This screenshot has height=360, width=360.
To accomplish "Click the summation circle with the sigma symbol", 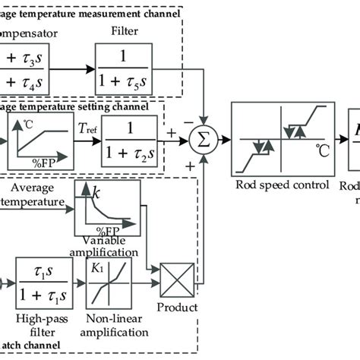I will tap(204, 137).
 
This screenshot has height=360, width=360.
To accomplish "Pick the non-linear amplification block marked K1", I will tap(109, 280).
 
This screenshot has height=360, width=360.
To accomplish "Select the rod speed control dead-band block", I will tap(283, 137).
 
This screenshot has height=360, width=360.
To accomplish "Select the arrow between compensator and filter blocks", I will tap(76, 68).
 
